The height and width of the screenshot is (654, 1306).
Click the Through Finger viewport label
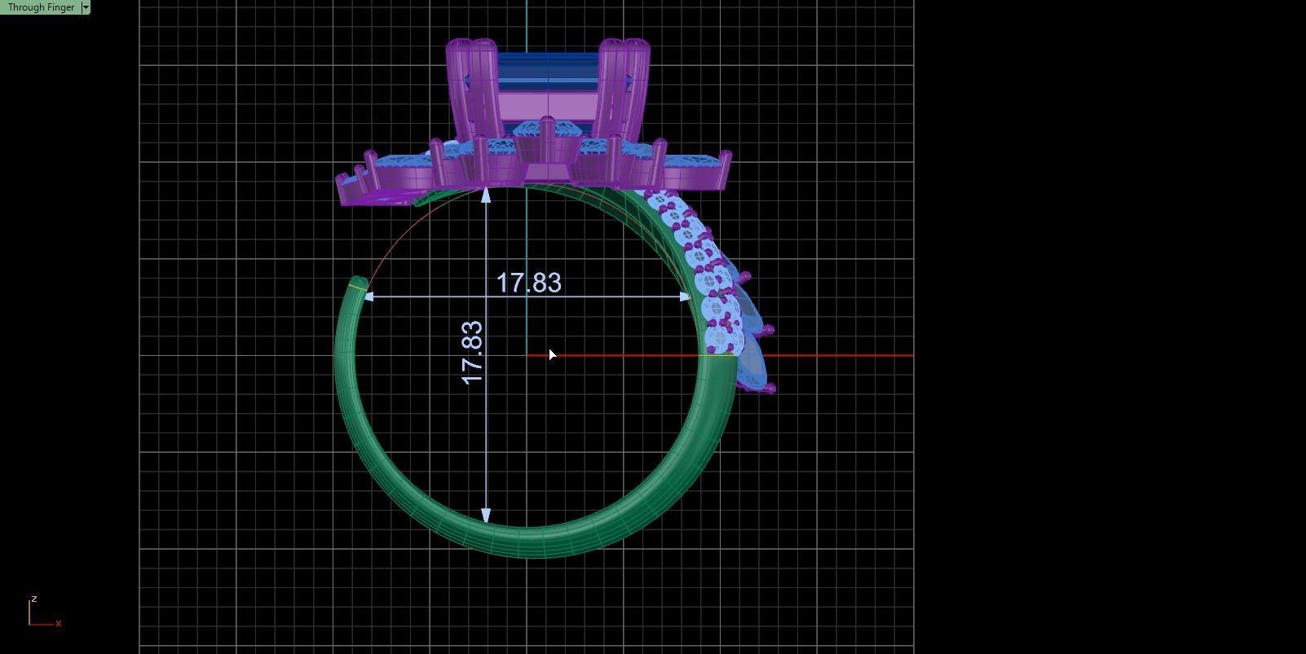[x=41, y=7]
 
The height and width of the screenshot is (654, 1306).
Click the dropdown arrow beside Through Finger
[x=86, y=7]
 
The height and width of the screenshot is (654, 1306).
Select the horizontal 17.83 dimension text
[x=528, y=283]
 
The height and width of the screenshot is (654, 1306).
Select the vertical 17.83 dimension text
[x=472, y=353]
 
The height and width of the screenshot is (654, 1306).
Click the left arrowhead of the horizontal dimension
[x=368, y=297]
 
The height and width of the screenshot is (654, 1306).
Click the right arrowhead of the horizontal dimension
[x=686, y=297]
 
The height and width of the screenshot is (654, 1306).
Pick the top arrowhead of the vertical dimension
[x=487, y=194]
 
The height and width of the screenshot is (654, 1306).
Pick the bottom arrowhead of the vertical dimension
[x=487, y=516]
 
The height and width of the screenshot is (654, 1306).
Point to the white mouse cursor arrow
[x=553, y=355]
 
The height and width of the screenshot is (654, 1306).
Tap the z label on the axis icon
[x=33, y=599]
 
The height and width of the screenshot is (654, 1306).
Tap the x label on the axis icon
[x=59, y=623]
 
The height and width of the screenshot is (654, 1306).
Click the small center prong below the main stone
[x=547, y=130]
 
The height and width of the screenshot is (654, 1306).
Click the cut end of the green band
[x=357, y=284]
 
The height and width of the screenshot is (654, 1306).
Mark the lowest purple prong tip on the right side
[x=771, y=389]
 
